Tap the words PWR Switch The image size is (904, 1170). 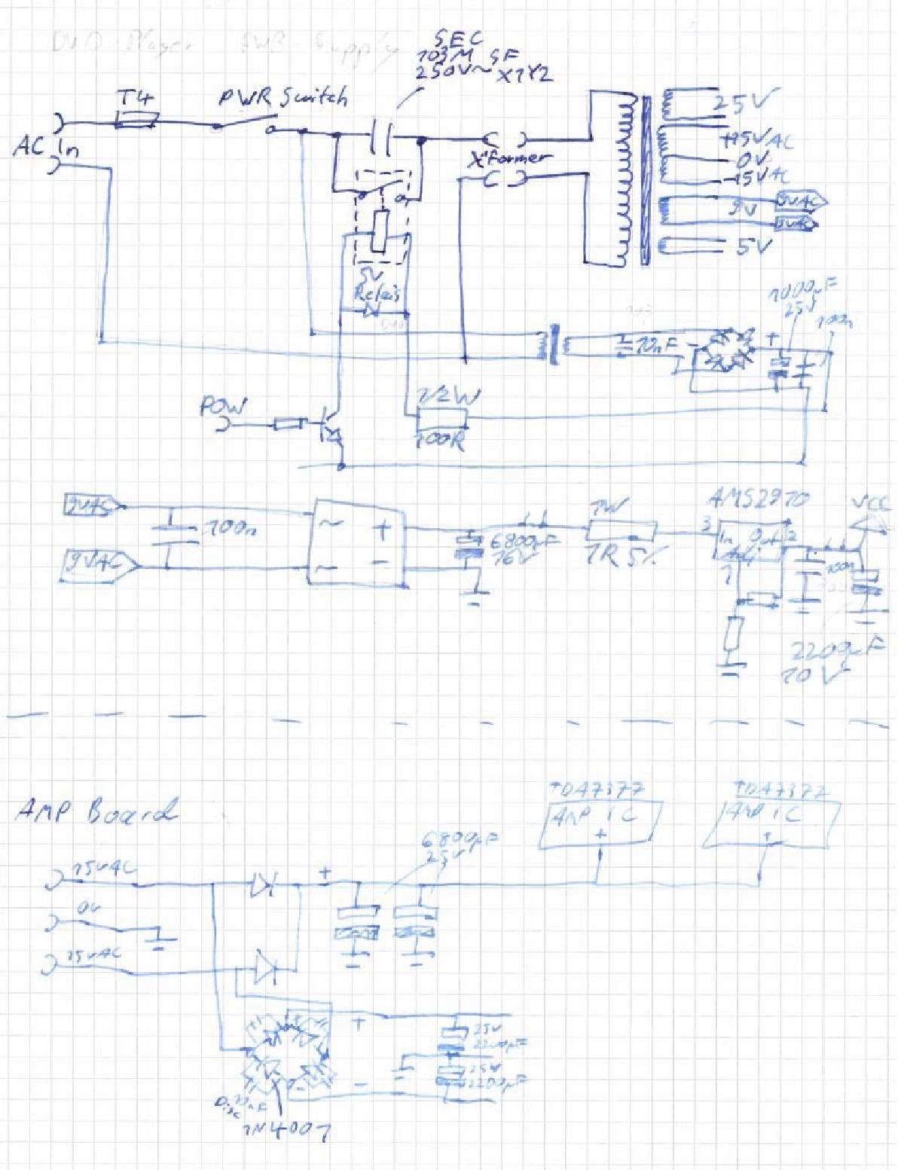coord(283,97)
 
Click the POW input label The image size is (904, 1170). coord(222,408)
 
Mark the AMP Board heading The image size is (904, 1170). coord(96,811)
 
